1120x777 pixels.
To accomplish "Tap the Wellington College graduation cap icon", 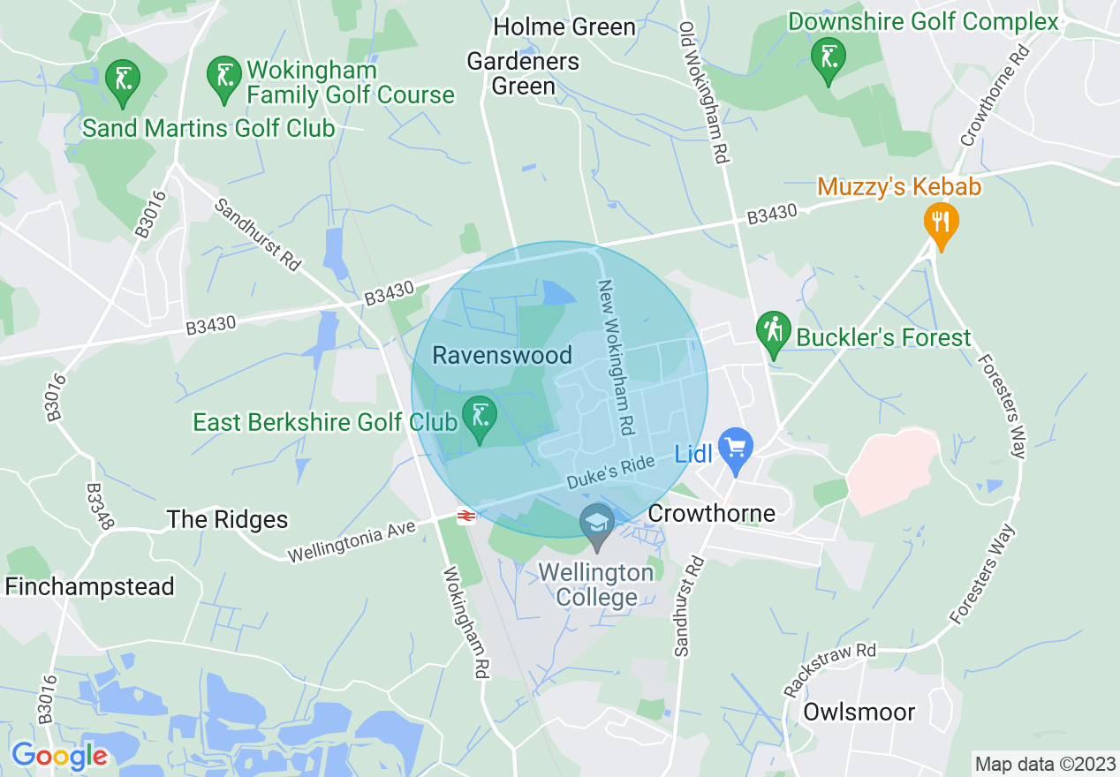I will pos(598,524).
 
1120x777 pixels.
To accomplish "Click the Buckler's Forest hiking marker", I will pos(774,332).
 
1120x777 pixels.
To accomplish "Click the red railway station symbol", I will pos(465,516).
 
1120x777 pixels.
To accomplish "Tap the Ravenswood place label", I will pos(502,355).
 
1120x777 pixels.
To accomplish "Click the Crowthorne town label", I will pos(711,513).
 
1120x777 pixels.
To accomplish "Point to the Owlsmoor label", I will pos(859,712).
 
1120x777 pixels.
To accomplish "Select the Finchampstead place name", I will pos(89,586).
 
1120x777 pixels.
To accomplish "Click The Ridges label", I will pos(227,519).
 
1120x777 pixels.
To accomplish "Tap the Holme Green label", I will pos(564,27).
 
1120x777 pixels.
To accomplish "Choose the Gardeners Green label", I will pos(523,73).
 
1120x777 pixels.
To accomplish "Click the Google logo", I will pos(59,755).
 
